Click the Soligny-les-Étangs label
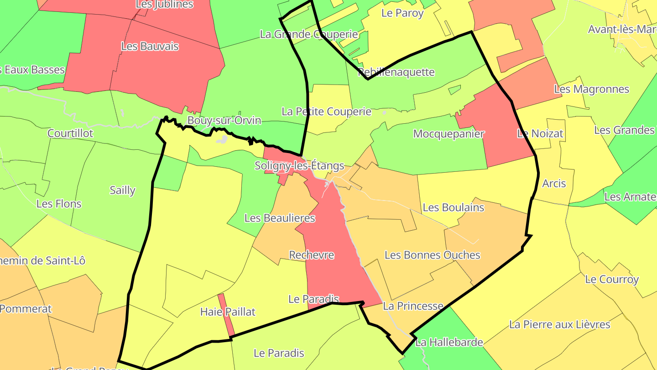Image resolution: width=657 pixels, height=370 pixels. tap(299, 166)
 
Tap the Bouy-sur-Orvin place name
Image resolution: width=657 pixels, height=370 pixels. tap(224, 121)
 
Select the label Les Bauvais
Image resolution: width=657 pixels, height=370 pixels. tap(150, 47)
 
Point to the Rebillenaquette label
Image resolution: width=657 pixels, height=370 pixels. tap(396, 72)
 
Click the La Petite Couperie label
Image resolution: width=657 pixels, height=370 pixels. tap(326, 111)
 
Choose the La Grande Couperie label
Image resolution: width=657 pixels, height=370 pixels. tap(309, 34)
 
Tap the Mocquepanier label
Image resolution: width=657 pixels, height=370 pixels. tap(448, 134)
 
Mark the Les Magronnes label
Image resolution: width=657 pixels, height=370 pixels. tap(591, 89)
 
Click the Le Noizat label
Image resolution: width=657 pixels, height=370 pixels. tap(540, 134)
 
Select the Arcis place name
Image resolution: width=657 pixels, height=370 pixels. tap(554, 184)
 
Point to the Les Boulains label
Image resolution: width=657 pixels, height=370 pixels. tap(453, 207)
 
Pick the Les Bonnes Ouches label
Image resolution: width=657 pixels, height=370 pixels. tap(432, 255)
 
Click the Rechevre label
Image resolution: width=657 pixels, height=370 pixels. tap(312, 255)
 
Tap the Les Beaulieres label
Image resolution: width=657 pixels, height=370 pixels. tap(280, 218)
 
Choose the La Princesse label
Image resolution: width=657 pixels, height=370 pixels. tap(413, 306)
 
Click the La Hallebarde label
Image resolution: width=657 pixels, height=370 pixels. tap(449, 342)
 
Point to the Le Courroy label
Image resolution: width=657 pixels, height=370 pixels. tap(612, 279)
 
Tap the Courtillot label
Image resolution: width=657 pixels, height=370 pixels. tap(70, 133)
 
